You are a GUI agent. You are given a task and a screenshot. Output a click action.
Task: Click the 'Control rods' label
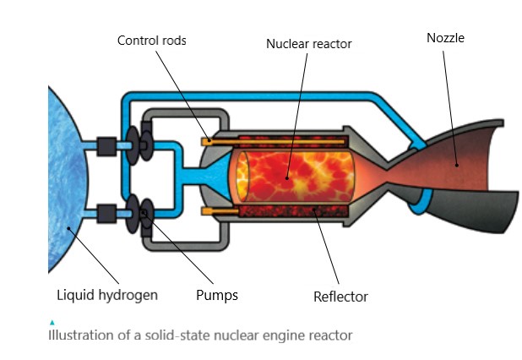pos(151,41)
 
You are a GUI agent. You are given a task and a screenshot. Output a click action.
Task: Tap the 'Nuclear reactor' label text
pos(308,44)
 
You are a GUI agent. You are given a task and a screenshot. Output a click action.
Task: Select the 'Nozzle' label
pos(445,38)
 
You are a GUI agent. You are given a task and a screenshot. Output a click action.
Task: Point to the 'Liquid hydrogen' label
pos(107,296)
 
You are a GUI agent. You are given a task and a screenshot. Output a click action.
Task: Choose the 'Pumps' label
pos(217,296)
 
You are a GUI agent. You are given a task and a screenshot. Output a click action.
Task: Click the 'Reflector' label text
pos(340,297)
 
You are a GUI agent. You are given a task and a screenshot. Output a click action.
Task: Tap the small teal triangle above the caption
pos(52,322)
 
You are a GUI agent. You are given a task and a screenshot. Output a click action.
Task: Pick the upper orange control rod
pos(273,142)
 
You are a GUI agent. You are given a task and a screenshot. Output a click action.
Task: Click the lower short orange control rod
pos(220,211)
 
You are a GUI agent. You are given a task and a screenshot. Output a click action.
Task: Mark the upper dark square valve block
pos(106,146)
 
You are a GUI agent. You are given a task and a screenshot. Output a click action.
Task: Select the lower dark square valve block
pos(106,214)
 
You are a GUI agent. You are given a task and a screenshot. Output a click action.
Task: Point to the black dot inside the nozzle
pos(457,165)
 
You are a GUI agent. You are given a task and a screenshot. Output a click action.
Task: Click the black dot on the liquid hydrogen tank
pos(68,228)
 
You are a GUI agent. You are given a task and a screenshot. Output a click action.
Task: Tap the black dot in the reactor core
pos(287,178)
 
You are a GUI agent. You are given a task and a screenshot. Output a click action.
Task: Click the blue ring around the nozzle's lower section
pos(420,202)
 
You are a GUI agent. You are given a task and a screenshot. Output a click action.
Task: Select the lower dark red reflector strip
pos(293,211)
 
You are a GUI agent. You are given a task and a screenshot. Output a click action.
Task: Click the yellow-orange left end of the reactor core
pos(242,177)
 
